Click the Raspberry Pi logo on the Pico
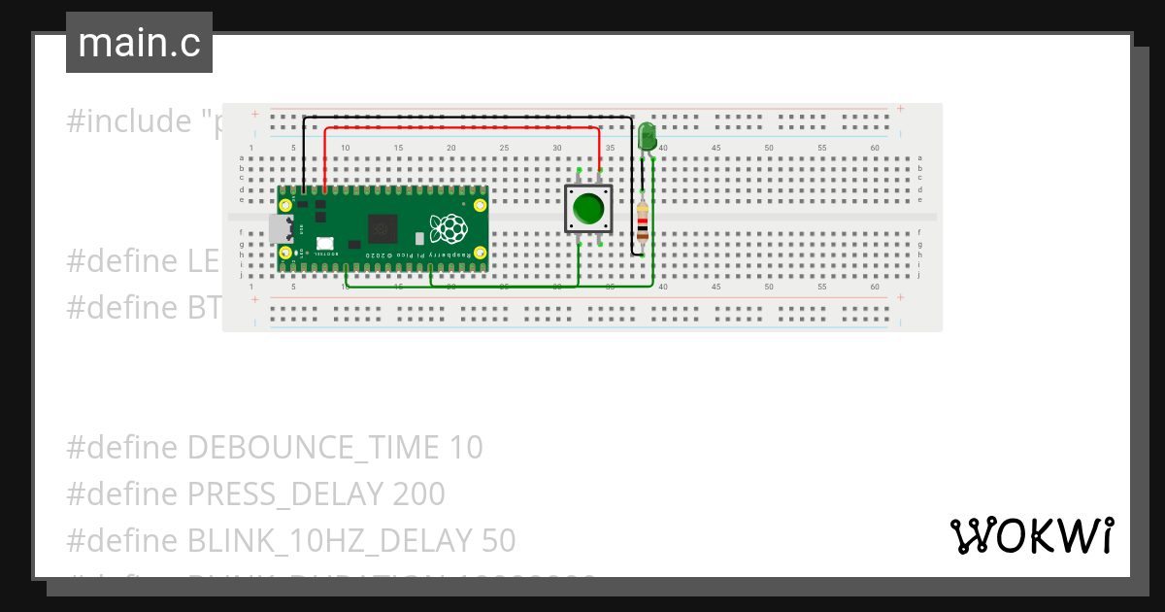click(449, 228)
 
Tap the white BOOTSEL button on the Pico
click(324, 243)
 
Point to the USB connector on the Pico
click(280, 228)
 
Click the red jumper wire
click(461, 127)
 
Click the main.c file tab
click(139, 43)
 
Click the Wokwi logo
click(1031, 535)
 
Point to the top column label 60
click(875, 148)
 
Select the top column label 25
click(504, 148)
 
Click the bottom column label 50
click(769, 288)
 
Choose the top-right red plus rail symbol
click(901, 109)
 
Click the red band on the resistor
click(642, 221)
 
